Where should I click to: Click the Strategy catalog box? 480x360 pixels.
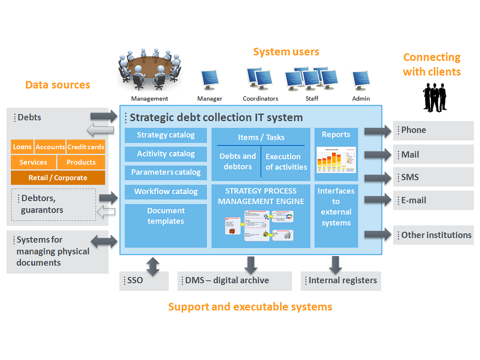tap(165, 135)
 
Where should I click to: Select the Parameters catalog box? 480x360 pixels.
tap(165, 173)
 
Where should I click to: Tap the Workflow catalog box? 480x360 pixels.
tap(165, 192)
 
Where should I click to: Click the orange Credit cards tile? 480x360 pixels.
tap(86, 147)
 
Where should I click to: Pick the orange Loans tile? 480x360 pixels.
tap(22, 147)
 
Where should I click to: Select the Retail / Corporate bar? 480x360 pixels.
tap(58, 178)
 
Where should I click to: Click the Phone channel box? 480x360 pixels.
tap(433, 130)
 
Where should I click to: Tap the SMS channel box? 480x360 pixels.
tap(433, 177)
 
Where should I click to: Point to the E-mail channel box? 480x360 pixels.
tap(433, 201)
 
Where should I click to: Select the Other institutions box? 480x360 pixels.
tap(433, 235)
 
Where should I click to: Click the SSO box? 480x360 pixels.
tap(144, 281)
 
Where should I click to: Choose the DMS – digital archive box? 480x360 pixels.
tap(235, 281)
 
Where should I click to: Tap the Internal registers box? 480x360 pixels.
tap(341, 281)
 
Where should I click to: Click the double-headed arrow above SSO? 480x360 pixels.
tap(153, 266)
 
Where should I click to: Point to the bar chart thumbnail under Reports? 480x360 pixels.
tap(336, 160)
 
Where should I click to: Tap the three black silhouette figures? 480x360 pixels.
tap(434, 97)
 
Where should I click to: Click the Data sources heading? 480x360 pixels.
tap(58, 85)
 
